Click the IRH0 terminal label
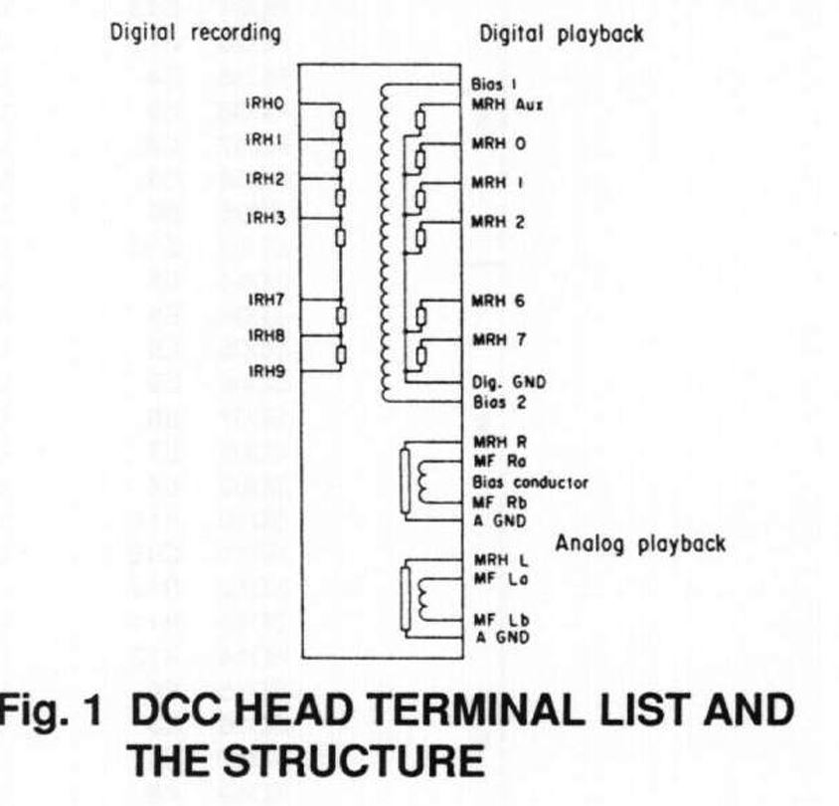265,102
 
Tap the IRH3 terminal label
265,217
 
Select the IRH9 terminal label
265,373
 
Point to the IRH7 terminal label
265,299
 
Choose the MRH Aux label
505,104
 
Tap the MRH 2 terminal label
500,222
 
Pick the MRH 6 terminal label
500,301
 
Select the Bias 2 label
492,403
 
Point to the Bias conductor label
530,482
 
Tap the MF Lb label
495,619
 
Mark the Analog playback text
640,544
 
